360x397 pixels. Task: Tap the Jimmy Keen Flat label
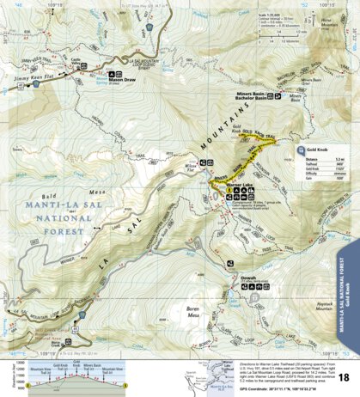tap(28, 77)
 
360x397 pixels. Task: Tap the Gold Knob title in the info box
tap(320, 148)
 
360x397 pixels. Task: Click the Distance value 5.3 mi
tap(339, 159)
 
